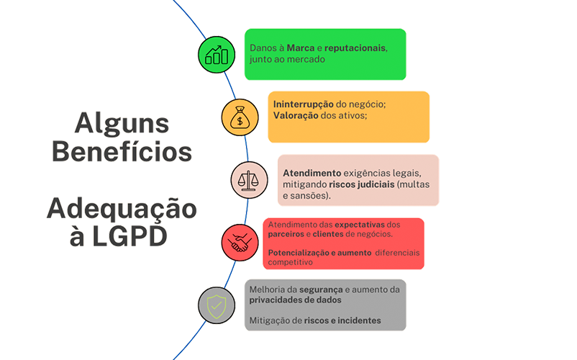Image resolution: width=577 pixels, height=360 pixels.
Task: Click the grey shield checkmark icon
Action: coord(217,306)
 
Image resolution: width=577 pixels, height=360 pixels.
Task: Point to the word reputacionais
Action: coord(355,48)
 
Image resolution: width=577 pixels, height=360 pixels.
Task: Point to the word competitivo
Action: coord(291,263)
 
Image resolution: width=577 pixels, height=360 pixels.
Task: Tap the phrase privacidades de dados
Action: coord(294,300)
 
